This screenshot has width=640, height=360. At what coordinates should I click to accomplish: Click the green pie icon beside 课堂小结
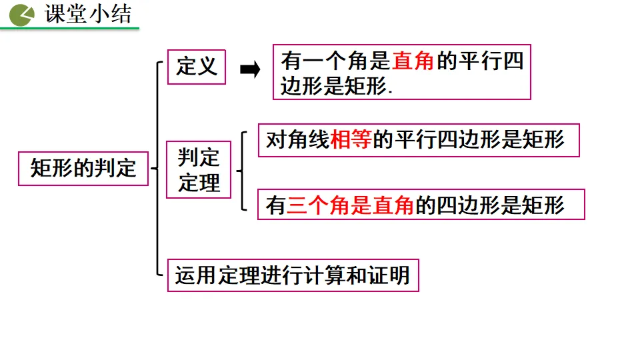coord(22,14)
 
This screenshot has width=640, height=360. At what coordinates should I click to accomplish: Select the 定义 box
coord(197,67)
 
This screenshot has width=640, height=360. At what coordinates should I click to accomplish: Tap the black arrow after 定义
coord(249,70)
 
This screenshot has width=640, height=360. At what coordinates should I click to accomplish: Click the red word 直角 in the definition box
coord(413,61)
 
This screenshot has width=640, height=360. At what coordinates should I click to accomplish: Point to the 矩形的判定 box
coord(83,168)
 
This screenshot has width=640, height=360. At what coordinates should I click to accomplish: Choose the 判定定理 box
coord(199,170)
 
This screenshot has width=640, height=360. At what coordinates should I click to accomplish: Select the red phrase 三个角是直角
coord(351,205)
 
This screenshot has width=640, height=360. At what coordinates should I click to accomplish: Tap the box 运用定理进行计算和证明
coord(293,275)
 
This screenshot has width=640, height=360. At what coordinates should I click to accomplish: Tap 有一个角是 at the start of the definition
coord(335,61)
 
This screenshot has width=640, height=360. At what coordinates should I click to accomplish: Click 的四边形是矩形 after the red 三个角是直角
coord(490,205)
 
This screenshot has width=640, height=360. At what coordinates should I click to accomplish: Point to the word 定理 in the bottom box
coord(239,275)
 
